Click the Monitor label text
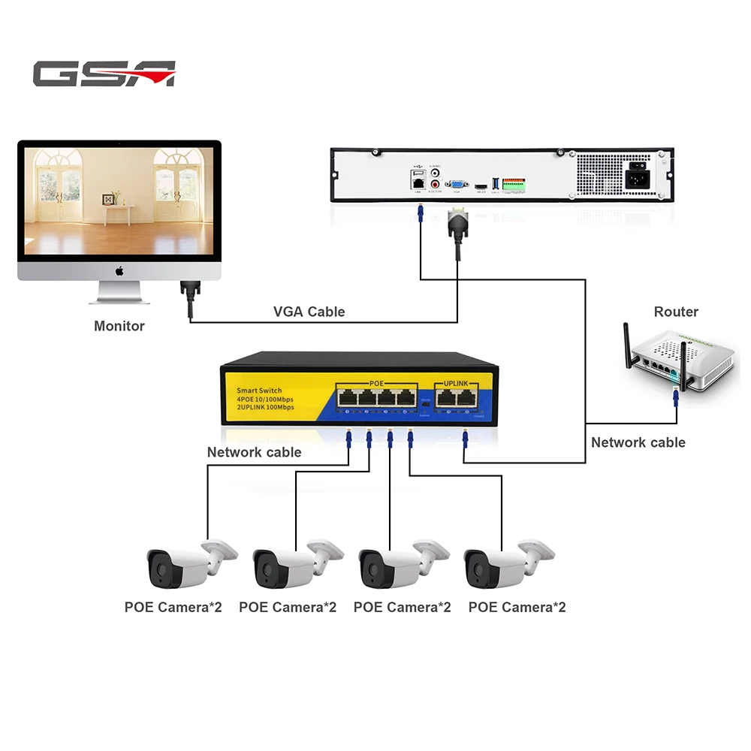pos(119,326)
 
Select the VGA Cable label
pos(309,312)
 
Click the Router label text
pos(676,312)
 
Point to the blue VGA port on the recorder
pos(454,183)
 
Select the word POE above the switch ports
pos(376,384)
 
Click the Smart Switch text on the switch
pos(259,391)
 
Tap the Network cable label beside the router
pos(638,442)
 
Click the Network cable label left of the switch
pos(254,452)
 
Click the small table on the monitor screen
pos(120,213)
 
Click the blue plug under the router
pos(676,396)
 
